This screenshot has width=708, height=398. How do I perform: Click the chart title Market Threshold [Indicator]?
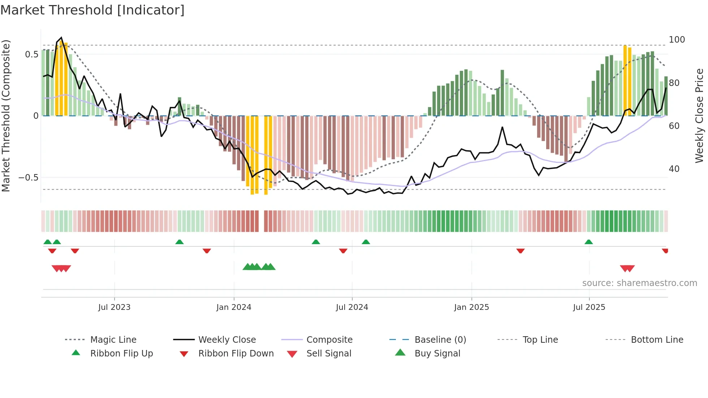pos(92,10)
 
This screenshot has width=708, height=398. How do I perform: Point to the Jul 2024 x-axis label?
pos(352,307)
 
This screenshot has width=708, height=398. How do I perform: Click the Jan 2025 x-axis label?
pos(471,307)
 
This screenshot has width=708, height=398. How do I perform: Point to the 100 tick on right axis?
pos(677,39)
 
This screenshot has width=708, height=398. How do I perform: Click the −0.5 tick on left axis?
pos(29,177)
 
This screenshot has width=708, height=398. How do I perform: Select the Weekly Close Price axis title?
pos(699,116)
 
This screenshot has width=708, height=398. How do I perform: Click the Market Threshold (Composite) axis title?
pos(6,116)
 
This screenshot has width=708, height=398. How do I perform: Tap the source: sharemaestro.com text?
pos(639,283)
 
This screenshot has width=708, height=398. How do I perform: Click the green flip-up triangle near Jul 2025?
pos(588,242)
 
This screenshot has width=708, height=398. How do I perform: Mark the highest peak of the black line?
pos(61,38)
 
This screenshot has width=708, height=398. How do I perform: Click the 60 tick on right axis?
pos(674,126)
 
